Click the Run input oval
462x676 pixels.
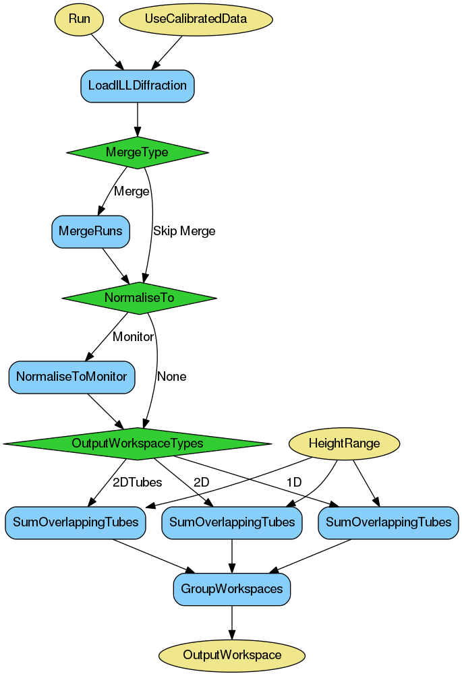point(79,19)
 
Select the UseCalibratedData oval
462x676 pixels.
point(196,19)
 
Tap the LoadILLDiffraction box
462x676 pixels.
point(138,86)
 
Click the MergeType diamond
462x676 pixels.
point(137,152)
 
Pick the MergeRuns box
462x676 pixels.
point(90,231)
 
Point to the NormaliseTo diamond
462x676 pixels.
point(139,297)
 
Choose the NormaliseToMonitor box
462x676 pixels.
point(72,376)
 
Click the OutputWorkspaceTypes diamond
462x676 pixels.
point(138,443)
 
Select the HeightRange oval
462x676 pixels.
point(344,443)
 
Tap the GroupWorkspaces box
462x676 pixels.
point(232,589)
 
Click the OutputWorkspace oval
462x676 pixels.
point(232,655)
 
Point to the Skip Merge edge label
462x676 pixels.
point(184,231)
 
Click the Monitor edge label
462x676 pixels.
point(133,336)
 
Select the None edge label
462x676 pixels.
point(172,377)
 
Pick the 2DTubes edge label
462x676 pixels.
point(137,483)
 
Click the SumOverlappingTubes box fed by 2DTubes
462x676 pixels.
point(76,522)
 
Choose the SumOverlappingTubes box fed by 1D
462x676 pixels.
point(388,522)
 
